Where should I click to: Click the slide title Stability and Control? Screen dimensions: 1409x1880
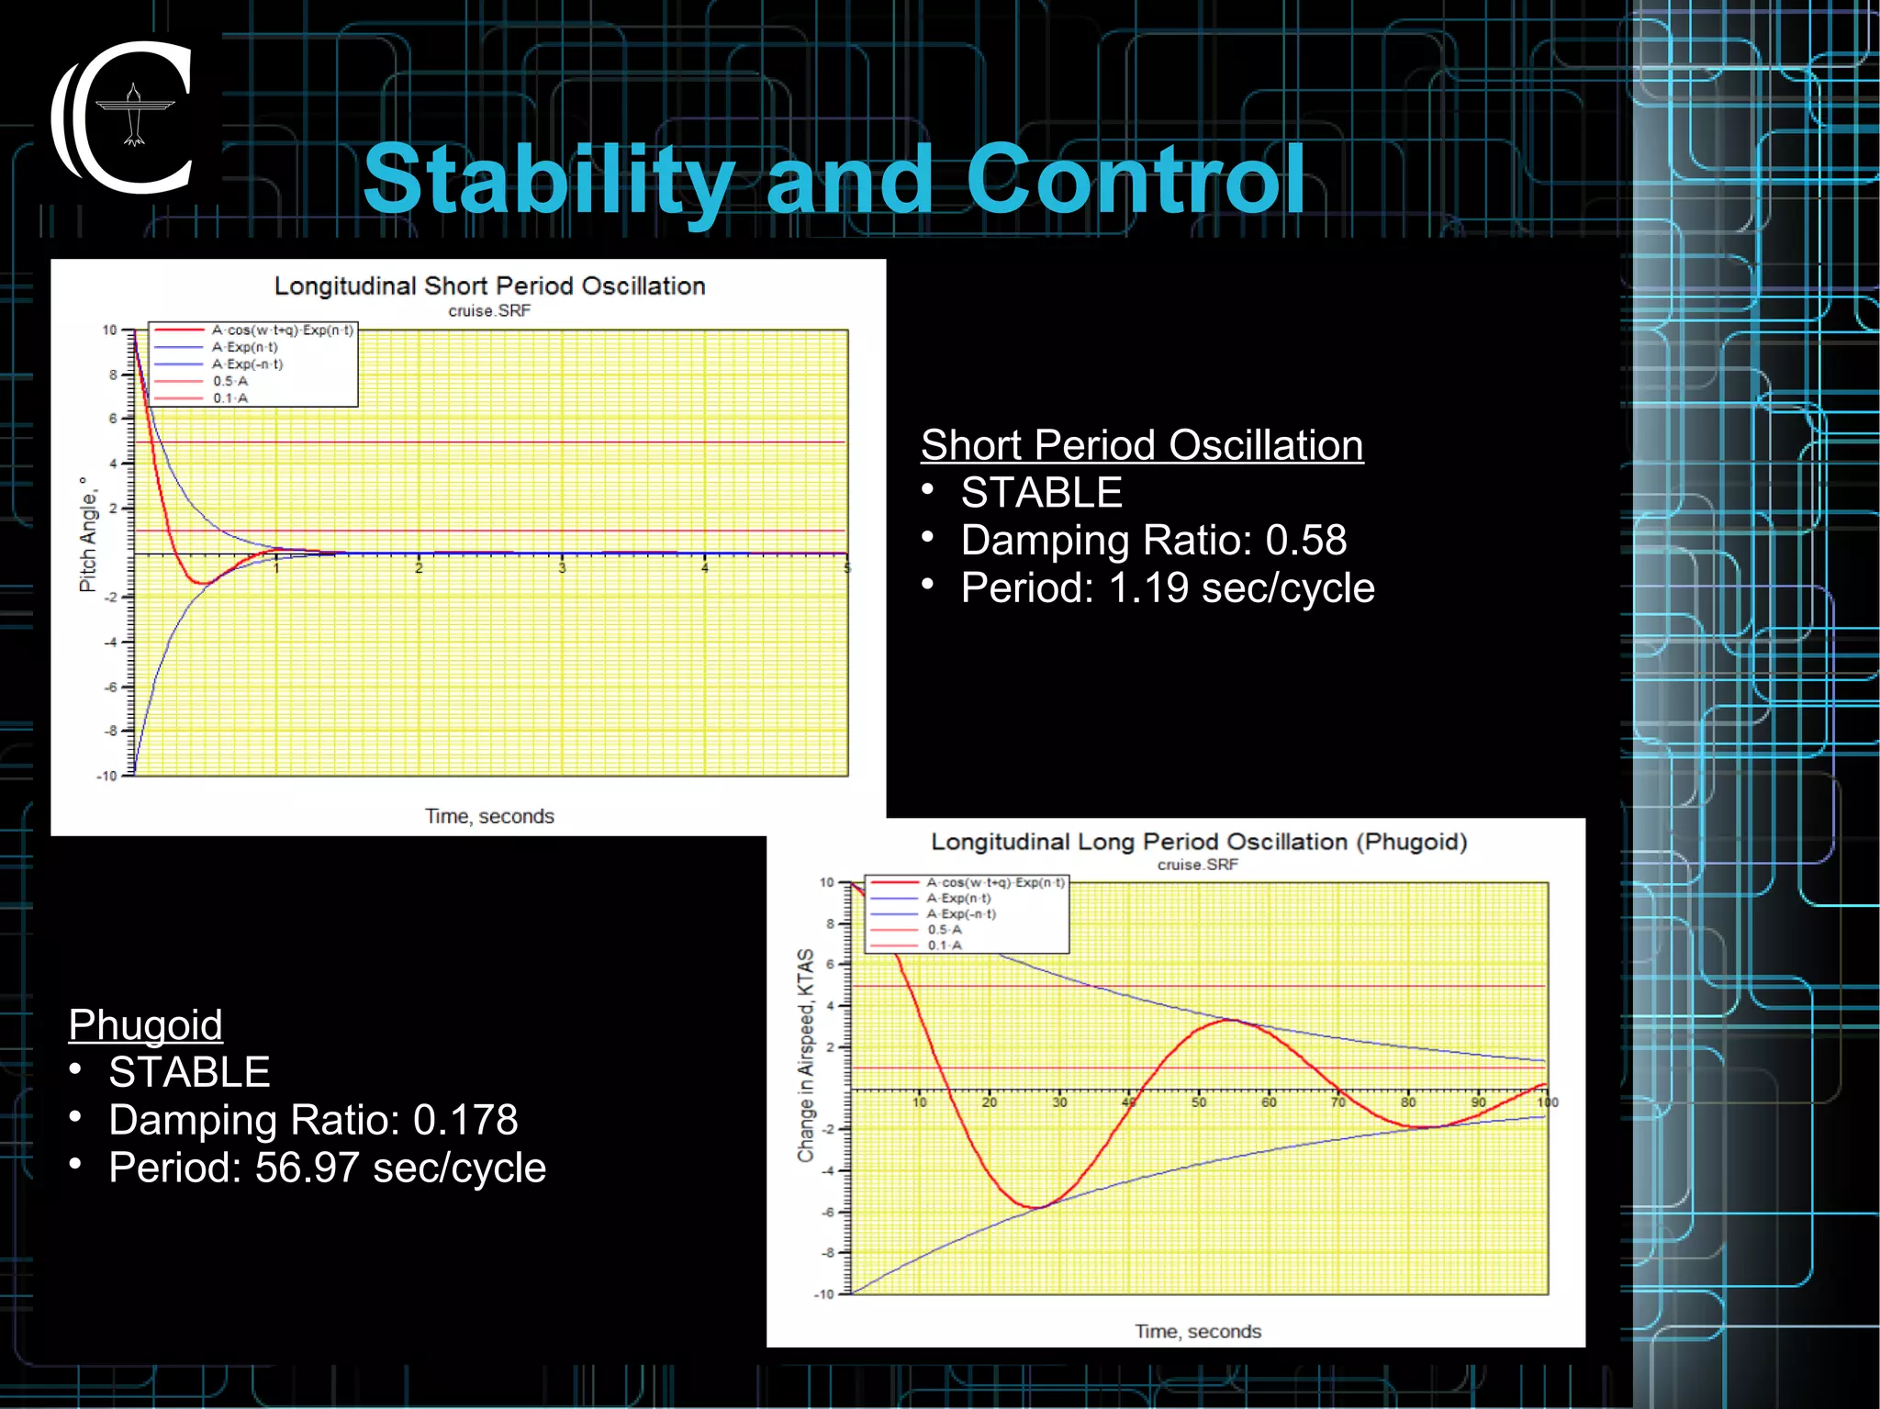pyautogui.click(x=834, y=180)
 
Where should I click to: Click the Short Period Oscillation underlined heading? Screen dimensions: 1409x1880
pyautogui.click(x=1141, y=445)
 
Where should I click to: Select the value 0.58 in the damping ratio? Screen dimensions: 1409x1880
pyautogui.click(x=1305, y=541)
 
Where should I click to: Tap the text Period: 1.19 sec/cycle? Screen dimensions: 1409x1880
pyautogui.click(x=1167, y=588)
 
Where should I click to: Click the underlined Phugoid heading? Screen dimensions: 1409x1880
pyautogui.click(x=145, y=1024)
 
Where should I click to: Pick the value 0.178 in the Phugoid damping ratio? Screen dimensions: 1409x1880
pyautogui.click(x=465, y=1120)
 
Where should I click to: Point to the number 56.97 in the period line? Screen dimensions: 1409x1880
pyautogui.click(x=307, y=1169)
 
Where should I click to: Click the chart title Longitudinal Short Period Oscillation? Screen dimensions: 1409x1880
pyautogui.click(x=489, y=286)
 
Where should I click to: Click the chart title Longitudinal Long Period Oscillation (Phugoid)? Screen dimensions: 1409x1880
pyautogui.click(x=1198, y=842)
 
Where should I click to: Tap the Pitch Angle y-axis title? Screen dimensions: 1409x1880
pyautogui.click(x=88, y=535)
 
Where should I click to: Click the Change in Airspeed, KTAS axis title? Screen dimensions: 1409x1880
pyautogui.click(x=805, y=1055)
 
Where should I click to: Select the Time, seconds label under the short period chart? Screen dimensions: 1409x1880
pyautogui.click(x=489, y=816)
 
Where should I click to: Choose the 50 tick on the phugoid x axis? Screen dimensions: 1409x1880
pyautogui.click(x=1199, y=1102)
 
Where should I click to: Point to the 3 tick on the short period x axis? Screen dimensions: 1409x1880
pyautogui.click(x=562, y=569)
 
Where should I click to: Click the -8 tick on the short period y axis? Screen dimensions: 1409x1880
pyautogui.click(x=111, y=732)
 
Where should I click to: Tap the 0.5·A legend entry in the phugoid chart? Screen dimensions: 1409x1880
pyautogui.click(x=944, y=930)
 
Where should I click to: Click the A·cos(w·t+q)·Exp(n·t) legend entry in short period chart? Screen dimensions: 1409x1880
pyautogui.click(x=282, y=330)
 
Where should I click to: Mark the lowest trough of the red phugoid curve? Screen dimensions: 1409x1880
pyautogui.click(x=1035, y=1207)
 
